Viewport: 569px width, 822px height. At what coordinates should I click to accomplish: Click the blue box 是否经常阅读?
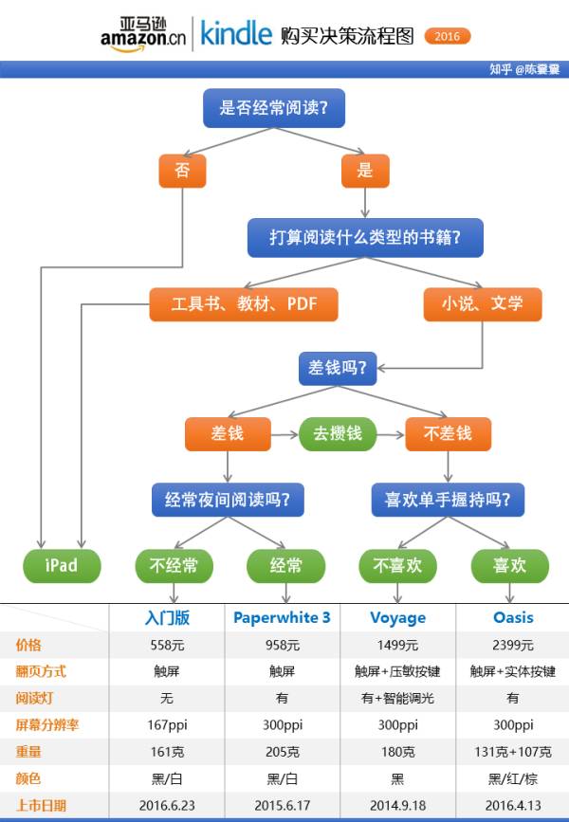click(x=274, y=108)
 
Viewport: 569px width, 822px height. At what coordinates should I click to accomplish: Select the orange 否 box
click(x=182, y=171)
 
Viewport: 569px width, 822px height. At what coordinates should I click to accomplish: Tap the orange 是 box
click(x=365, y=171)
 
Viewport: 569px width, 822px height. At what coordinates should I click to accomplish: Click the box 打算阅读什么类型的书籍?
click(x=365, y=238)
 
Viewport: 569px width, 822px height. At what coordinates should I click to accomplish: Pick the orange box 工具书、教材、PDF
click(x=244, y=304)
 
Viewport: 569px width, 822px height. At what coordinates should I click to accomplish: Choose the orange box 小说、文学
click(x=482, y=304)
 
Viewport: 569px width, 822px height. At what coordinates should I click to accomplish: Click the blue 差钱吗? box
click(x=338, y=366)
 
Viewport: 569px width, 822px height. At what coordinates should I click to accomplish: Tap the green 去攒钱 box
click(x=337, y=433)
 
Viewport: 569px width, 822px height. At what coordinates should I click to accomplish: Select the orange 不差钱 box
click(x=448, y=433)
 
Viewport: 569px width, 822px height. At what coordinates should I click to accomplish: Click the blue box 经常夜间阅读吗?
click(x=228, y=499)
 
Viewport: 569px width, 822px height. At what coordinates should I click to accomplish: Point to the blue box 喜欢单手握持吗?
click(x=448, y=499)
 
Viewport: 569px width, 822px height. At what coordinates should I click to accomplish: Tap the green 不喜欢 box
click(x=397, y=566)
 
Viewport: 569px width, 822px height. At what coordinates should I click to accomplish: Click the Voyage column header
click(x=397, y=617)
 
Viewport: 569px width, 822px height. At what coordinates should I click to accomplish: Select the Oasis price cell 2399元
click(x=512, y=645)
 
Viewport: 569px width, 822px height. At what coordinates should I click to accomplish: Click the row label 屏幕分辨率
click(x=46, y=725)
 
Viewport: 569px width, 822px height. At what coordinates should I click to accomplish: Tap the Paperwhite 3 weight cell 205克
click(x=282, y=752)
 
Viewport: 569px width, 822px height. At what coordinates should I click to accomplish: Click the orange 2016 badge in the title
click(x=447, y=36)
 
